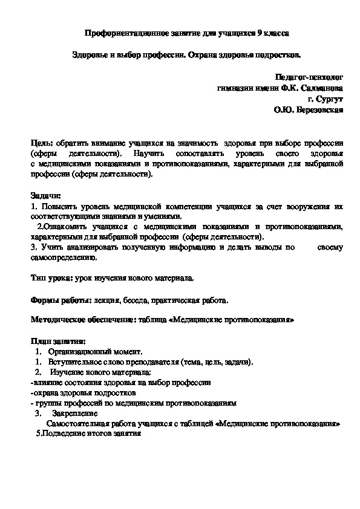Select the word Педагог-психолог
[x=309, y=77]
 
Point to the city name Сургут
[x=330, y=99]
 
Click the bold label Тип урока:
[x=51, y=279]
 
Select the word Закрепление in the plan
[x=75, y=414]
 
